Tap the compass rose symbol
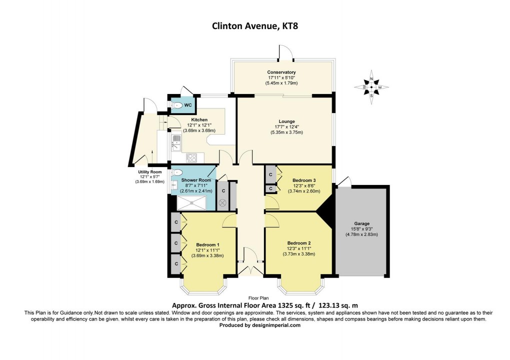tap(371, 87)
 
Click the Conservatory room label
tap(281, 72)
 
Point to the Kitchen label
tap(199, 120)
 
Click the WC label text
tap(188, 105)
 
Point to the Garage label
tap(363, 223)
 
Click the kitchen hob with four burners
tap(191, 157)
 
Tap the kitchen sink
tap(176, 142)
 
